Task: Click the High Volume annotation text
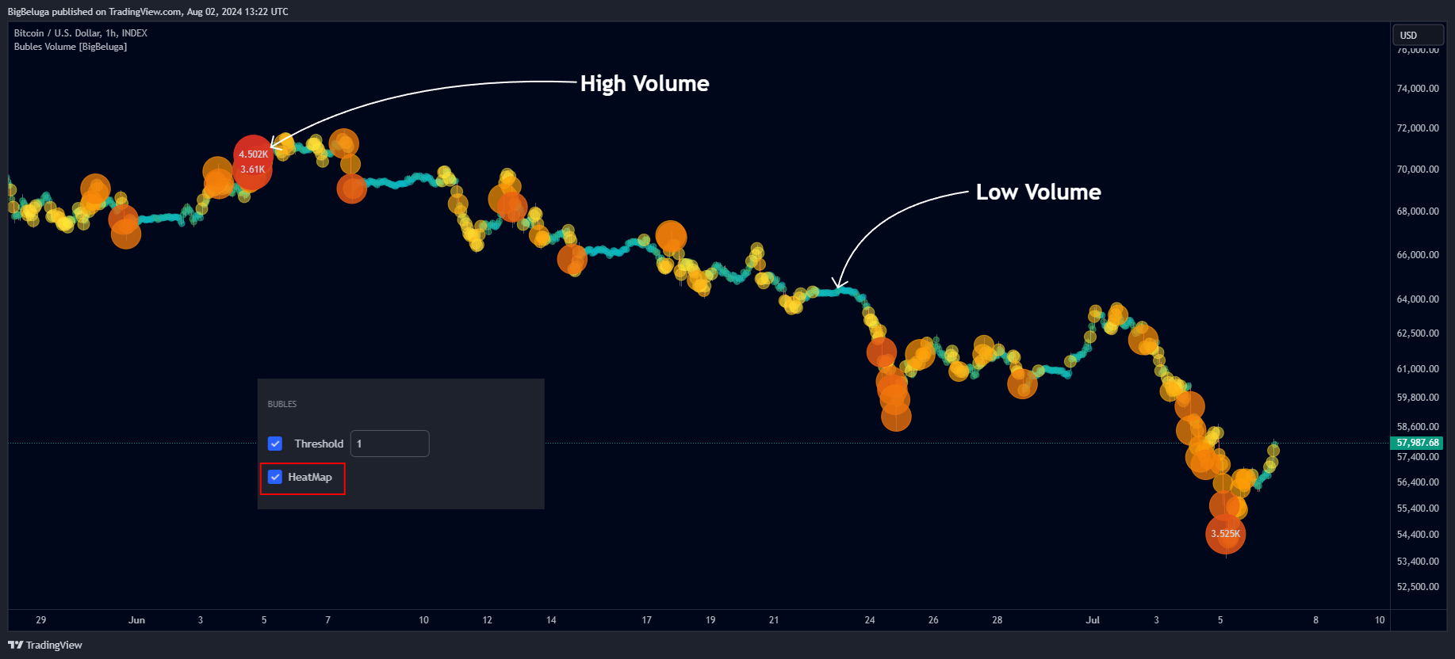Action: pyautogui.click(x=644, y=83)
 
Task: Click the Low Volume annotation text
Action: pyautogui.click(x=1038, y=192)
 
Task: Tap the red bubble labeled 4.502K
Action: pyautogui.click(x=253, y=154)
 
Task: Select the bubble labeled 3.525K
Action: pyautogui.click(x=1225, y=534)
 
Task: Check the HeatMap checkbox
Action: pyautogui.click(x=275, y=477)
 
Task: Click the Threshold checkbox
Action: pyautogui.click(x=275, y=444)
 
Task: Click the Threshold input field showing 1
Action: pyautogui.click(x=389, y=444)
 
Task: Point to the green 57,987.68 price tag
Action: pyautogui.click(x=1417, y=443)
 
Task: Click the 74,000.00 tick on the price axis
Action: pyautogui.click(x=1417, y=89)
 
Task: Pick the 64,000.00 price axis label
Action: pyautogui.click(x=1417, y=299)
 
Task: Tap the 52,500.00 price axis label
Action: pyautogui.click(x=1417, y=587)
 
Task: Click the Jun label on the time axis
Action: pyautogui.click(x=136, y=620)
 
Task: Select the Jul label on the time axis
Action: pyautogui.click(x=1093, y=620)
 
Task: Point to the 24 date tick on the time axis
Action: pyautogui.click(x=870, y=620)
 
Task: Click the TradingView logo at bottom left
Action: pyautogui.click(x=45, y=645)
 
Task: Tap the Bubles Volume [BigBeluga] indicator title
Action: pyautogui.click(x=71, y=47)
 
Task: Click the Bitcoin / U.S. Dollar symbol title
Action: pyautogui.click(x=80, y=33)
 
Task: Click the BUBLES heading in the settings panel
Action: pyautogui.click(x=282, y=404)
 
